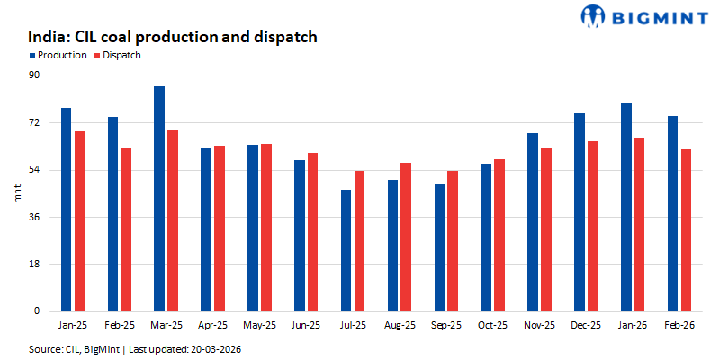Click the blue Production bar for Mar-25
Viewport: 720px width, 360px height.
click(159, 199)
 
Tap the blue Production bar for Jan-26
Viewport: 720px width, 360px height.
click(626, 207)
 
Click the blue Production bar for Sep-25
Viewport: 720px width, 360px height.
click(439, 247)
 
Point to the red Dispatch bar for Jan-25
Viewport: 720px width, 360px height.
click(80, 221)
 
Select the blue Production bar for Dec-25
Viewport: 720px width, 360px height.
click(580, 212)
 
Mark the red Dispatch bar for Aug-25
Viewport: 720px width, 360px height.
click(406, 237)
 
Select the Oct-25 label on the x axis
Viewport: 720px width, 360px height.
click(492, 324)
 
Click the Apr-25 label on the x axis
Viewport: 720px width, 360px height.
click(212, 324)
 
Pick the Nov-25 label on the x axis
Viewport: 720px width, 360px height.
click(539, 324)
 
